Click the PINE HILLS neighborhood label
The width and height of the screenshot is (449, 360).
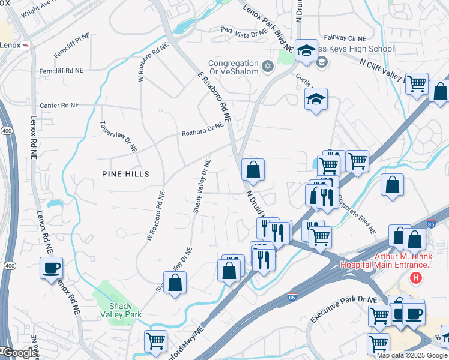pyautogui.click(x=125, y=173)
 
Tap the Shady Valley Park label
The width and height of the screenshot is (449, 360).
pyautogui.click(x=112, y=310)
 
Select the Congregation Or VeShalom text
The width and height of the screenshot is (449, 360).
pyautogui.click(x=234, y=68)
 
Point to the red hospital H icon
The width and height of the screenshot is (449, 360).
pyautogui.click(x=415, y=278)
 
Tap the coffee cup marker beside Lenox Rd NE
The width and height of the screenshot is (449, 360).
pyautogui.click(x=51, y=268)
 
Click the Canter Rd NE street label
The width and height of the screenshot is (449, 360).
pyautogui.click(x=59, y=105)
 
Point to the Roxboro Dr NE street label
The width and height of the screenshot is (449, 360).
pyautogui.click(x=202, y=129)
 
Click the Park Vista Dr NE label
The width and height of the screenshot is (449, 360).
pyautogui.click(x=243, y=32)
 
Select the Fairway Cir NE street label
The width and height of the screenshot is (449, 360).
pyautogui.click(x=345, y=37)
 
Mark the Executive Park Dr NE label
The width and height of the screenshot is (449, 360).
pyautogui.click(x=343, y=310)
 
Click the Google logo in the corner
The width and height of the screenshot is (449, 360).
pyautogui.click(x=19, y=353)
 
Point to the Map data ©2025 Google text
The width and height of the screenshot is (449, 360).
pyautogui.click(x=411, y=355)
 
